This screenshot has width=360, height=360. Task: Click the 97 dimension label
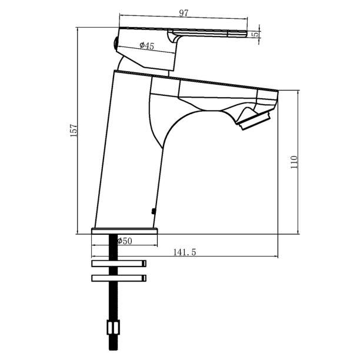(184, 13)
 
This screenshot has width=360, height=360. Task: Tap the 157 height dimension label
(74, 131)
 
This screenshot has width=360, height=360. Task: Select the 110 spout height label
(294, 162)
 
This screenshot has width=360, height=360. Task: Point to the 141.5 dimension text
(184, 252)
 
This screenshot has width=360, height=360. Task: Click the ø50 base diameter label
(125, 241)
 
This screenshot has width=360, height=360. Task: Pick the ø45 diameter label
(146, 46)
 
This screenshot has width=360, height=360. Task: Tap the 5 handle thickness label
(255, 35)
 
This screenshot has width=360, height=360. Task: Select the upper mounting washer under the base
(119, 264)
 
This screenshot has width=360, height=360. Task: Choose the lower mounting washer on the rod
(119, 278)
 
